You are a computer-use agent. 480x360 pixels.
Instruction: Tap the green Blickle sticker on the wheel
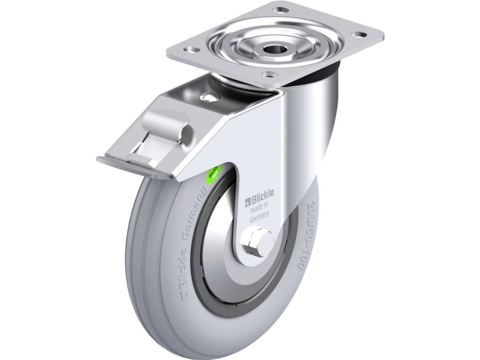pos(213,175)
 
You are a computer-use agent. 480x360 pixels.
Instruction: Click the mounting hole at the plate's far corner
pos(278,10)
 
